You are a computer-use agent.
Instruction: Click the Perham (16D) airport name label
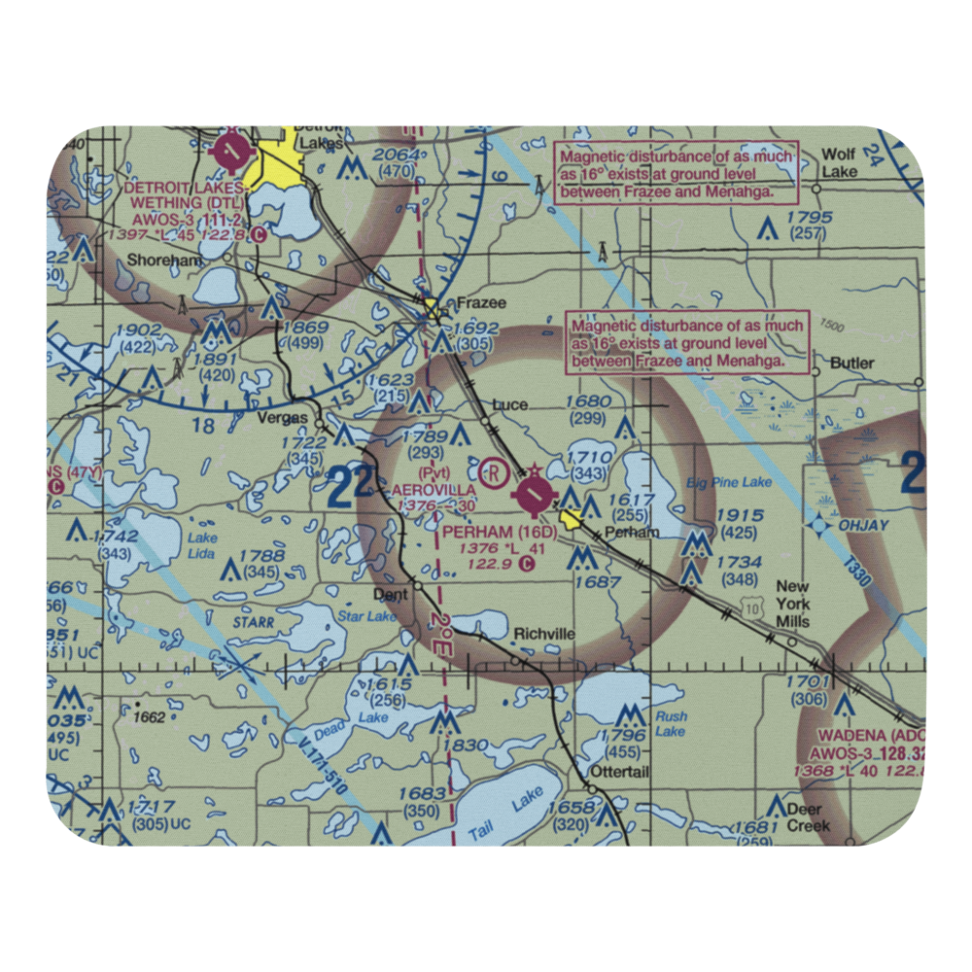pos(499,533)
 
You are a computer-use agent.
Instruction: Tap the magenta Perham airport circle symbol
pos(535,497)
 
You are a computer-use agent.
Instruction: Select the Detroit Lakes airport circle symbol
pos(233,151)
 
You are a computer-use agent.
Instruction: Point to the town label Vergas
pos(285,418)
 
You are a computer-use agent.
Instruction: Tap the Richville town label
pos(544,634)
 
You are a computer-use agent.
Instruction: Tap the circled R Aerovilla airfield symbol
pos(495,473)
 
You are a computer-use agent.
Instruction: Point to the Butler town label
pos(851,364)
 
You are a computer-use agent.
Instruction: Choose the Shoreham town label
pos(163,261)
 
